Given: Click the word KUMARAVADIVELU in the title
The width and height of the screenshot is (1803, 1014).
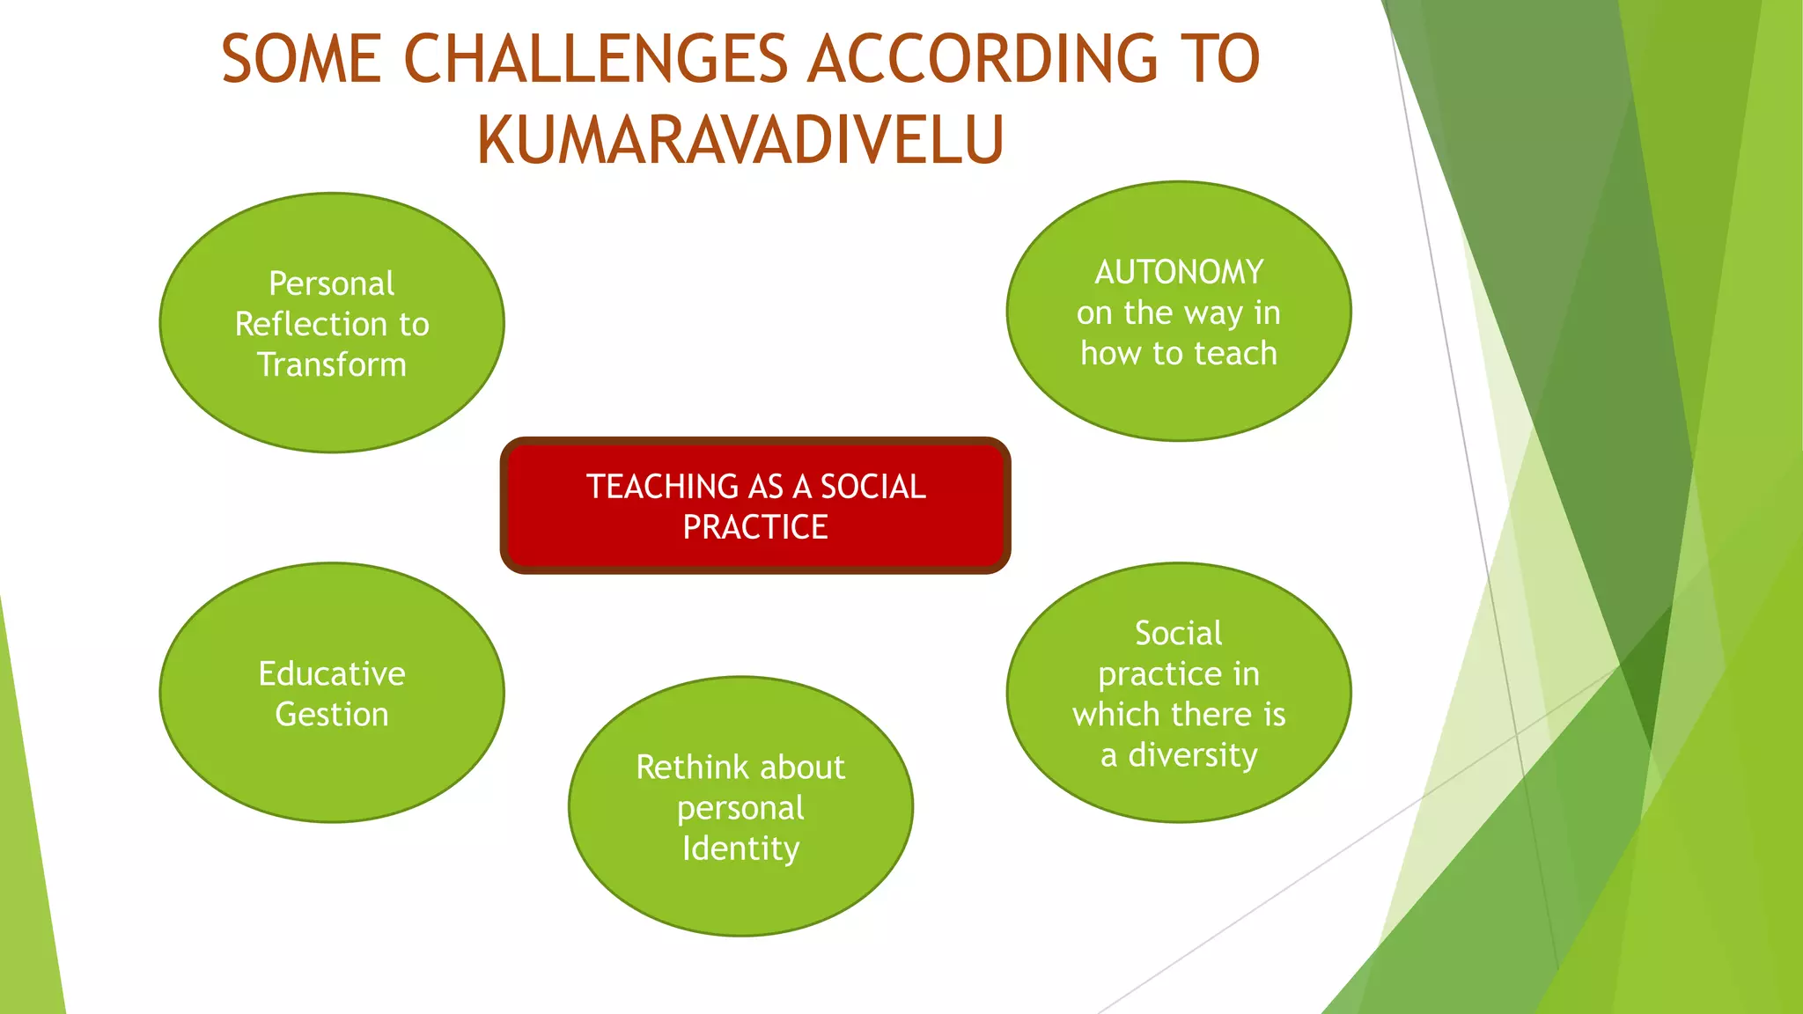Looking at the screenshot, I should coord(740,140).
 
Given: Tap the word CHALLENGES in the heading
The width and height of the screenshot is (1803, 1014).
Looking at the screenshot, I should coord(596,60).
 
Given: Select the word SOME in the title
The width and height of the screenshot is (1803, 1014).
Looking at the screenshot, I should coord(301,60).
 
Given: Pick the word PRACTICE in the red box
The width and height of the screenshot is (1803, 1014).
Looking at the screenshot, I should coord(755,527).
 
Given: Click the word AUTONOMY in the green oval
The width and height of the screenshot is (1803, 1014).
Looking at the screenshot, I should coord(1179,272).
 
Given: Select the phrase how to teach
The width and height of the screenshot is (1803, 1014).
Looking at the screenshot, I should coord(1179,353).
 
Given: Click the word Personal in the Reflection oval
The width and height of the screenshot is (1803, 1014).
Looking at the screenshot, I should coord(332,283).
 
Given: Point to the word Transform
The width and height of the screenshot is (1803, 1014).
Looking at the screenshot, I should coord(332,364).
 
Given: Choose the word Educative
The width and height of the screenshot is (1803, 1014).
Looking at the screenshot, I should coord(332,673).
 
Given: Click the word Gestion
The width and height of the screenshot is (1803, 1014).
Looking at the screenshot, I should coord(332,714).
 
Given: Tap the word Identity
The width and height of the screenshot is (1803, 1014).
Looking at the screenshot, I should coord(740,848).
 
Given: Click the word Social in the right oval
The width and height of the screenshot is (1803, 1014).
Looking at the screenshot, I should coord(1179,633).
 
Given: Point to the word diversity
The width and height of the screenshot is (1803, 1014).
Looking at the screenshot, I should coord(1193,754).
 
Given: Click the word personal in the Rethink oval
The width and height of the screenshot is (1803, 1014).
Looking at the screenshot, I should coord(740,808).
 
